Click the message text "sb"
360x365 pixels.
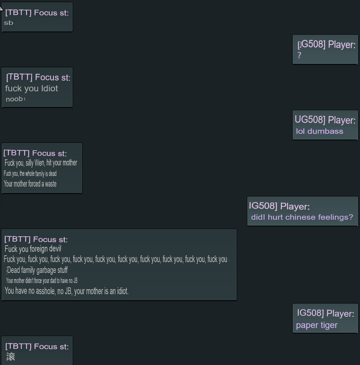9,23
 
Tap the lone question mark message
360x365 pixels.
299,55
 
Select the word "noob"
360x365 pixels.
14,99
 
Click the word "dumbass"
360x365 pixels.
325,131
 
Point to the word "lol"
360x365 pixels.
300,131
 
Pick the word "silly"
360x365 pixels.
29,163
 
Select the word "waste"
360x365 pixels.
51,184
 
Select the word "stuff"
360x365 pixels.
63,270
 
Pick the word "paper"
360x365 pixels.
306,325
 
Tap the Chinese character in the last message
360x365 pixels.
11,357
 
